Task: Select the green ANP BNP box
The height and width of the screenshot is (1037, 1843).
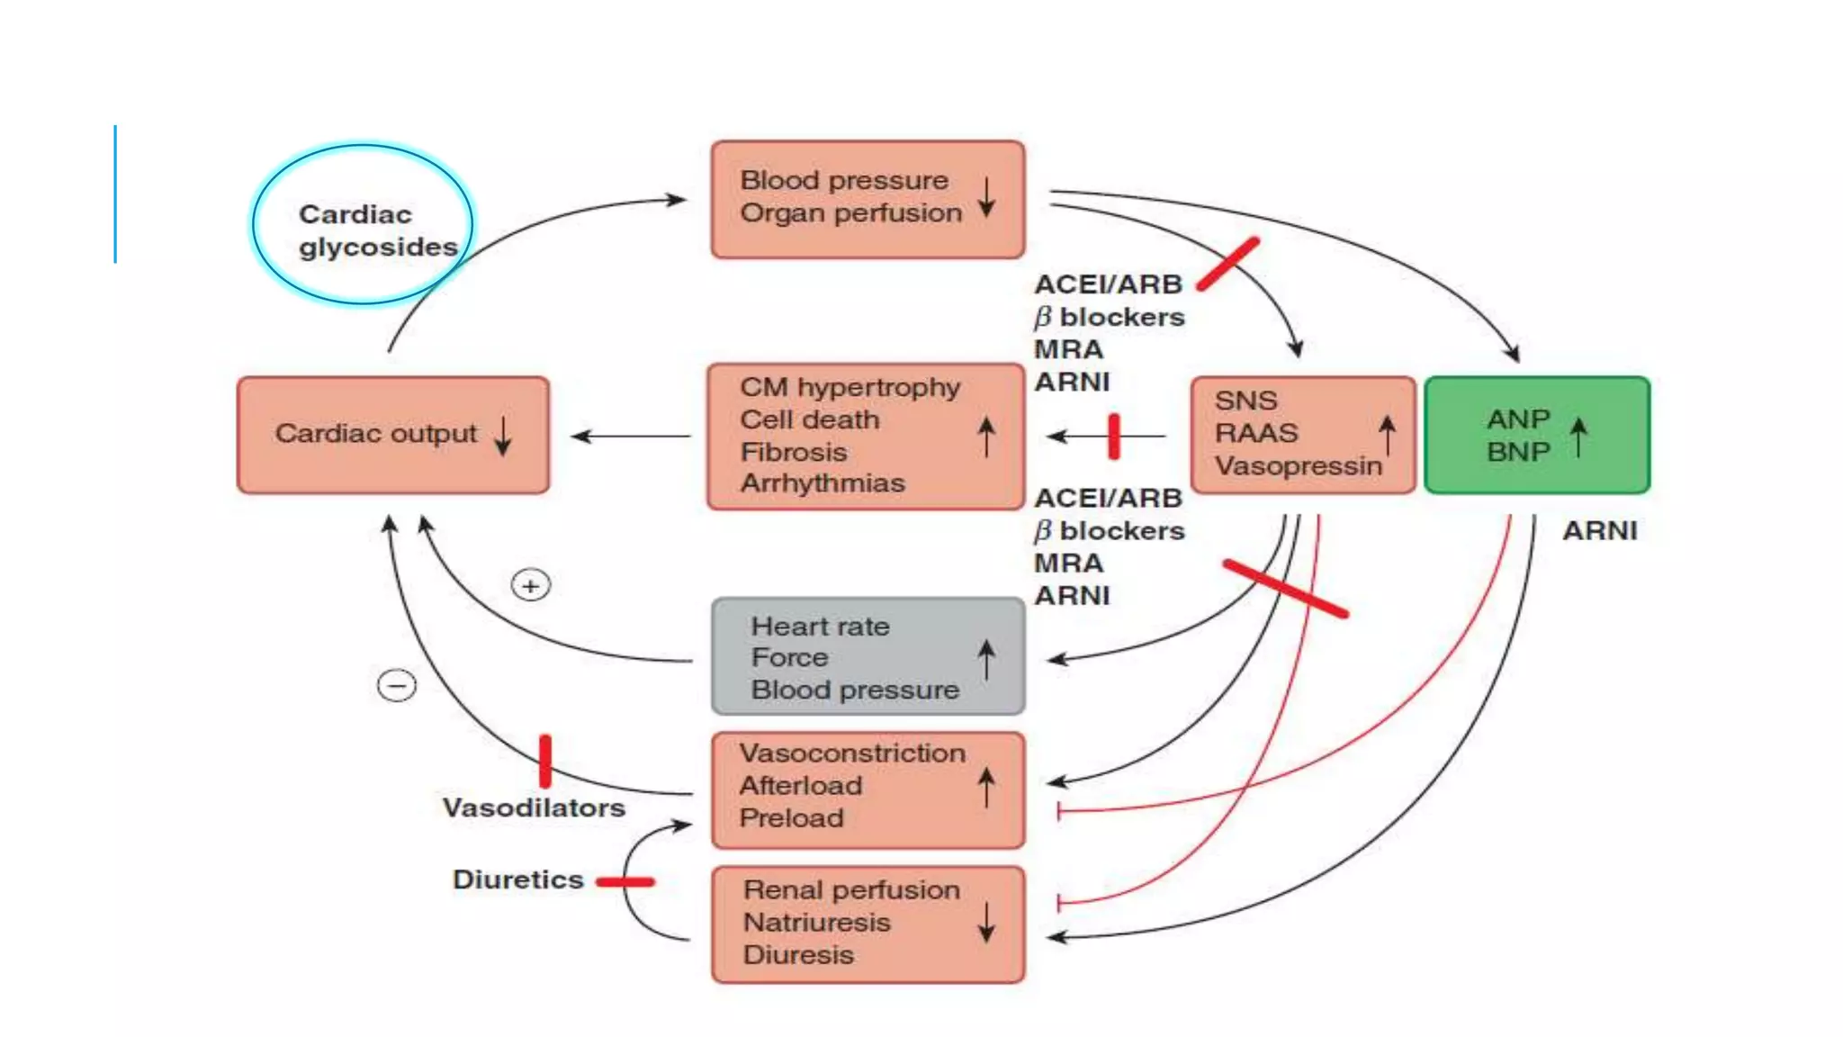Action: coord(1537,436)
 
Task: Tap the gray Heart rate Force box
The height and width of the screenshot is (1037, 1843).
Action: coord(868,657)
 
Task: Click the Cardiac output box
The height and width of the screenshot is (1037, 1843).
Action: coord(393,435)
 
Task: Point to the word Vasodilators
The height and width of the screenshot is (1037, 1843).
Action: coord(534,807)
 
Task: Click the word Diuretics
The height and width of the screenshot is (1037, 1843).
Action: coord(518,879)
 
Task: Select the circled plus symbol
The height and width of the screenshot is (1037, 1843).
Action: coord(531,586)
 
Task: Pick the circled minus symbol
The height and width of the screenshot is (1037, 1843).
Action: coord(397,686)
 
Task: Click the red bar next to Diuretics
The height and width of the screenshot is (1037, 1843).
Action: coord(625,882)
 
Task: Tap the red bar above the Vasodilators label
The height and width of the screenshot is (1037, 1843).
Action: coord(545,762)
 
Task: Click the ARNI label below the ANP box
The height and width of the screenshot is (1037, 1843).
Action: coord(1599,531)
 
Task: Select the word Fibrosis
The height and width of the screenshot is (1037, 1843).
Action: coord(794,452)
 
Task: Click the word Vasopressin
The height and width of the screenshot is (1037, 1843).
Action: coord(1298,466)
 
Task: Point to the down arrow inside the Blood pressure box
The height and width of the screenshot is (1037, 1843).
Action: coord(986,197)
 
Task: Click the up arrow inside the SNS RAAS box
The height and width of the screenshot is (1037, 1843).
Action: coord(1387,435)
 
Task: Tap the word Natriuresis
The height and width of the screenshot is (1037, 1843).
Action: coord(816,923)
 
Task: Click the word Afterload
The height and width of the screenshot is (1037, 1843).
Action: coord(801,786)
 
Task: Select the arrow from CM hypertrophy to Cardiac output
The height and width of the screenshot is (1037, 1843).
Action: coord(630,437)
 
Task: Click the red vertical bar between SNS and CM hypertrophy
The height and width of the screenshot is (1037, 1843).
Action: coord(1114,437)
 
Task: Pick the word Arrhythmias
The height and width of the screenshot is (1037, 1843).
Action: coord(823,483)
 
